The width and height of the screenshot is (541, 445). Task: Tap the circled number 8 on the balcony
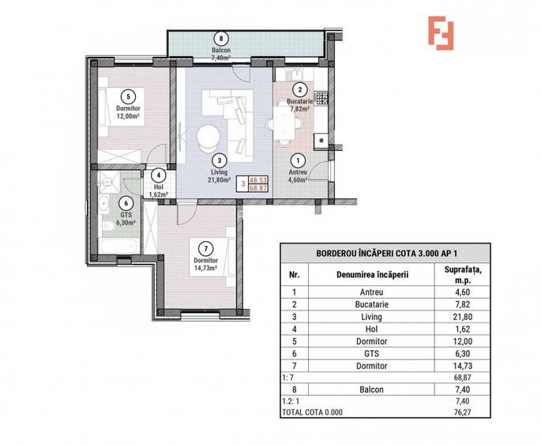[220, 38]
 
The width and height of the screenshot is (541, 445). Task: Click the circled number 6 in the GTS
[126, 202]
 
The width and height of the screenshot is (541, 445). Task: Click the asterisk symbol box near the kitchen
[322, 141]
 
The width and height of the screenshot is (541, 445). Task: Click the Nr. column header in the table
[294, 274]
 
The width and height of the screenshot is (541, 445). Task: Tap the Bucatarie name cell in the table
[370, 304]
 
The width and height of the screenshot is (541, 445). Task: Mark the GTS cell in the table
[370, 355]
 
